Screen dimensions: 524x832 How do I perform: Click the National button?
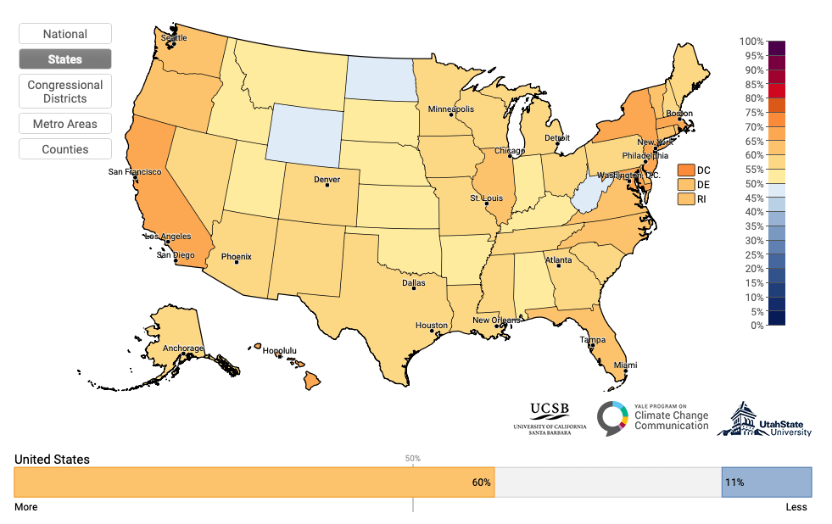tap(65, 34)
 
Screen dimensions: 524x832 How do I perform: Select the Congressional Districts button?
tap(65, 92)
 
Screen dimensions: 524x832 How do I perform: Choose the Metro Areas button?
tap(65, 124)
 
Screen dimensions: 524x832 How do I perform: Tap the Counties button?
tap(65, 149)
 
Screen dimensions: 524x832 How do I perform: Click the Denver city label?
tap(327, 180)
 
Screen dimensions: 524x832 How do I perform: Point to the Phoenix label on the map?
tap(236, 256)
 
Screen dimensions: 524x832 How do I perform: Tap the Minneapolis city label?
tap(450, 109)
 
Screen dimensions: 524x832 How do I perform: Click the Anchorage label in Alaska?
tap(183, 348)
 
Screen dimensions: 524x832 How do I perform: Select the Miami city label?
tap(625, 365)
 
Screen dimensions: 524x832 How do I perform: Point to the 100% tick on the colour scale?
tap(752, 42)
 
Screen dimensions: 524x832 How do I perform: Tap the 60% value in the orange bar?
tap(481, 482)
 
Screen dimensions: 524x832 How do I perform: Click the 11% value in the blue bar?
tap(734, 482)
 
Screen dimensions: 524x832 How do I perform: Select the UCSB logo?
tap(549, 418)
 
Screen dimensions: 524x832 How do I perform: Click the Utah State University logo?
tap(763, 420)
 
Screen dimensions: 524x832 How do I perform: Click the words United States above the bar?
tap(52, 460)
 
